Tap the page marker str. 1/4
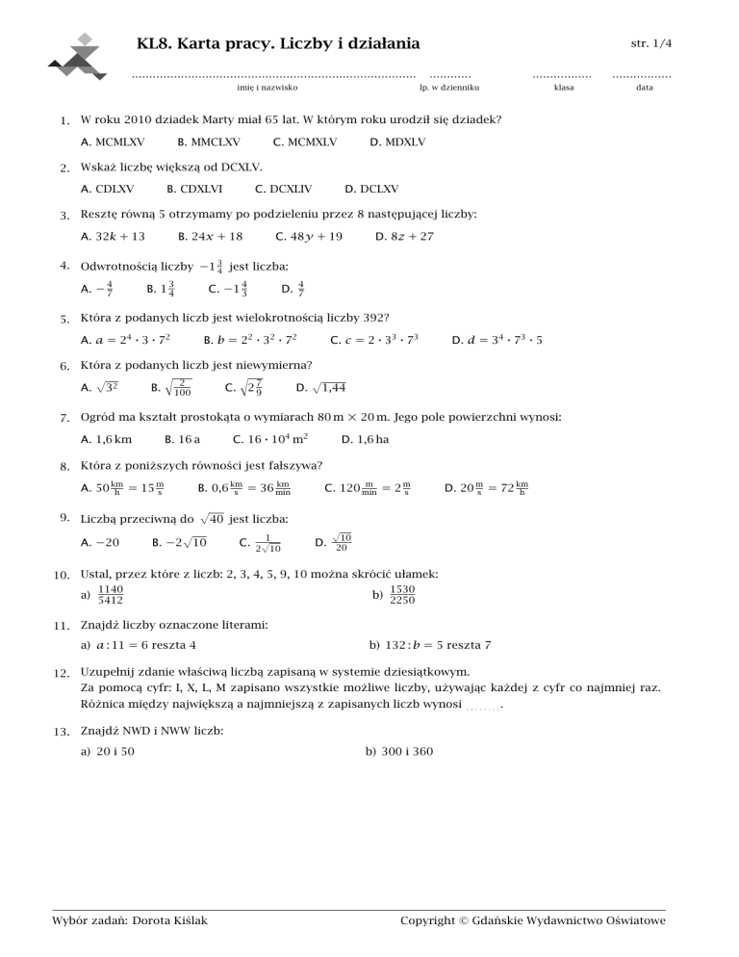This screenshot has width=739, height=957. pyautogui.click(x=650, y=43)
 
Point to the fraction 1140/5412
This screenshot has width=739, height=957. pyautogui.click(x=109, y=594)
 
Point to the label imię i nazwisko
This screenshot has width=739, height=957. pyautogui.click(x=267, y=89)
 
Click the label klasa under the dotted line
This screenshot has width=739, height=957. pyautogui.click(x=564, y=89)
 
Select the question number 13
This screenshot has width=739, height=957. pyautogui.click(x=63, y=731)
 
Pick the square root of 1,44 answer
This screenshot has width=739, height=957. pyautogui.click(x=322, y=388)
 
